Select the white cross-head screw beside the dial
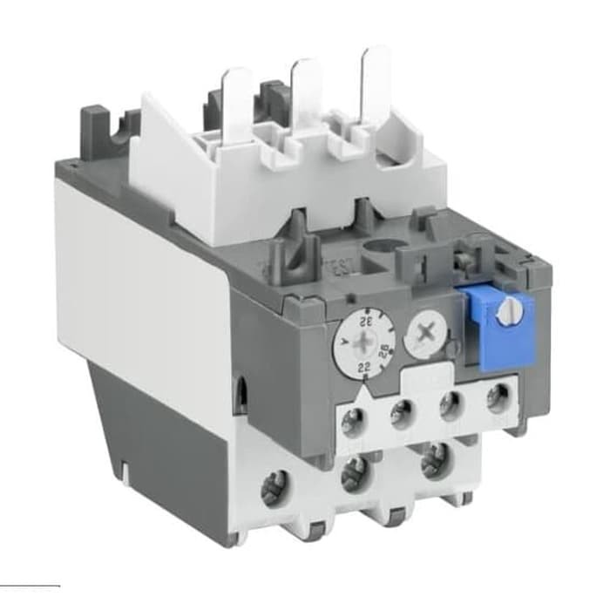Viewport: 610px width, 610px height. click(427, 332)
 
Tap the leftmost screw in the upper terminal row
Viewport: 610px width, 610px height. click(352, 424)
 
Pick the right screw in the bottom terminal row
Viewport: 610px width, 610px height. click(433, 459)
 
